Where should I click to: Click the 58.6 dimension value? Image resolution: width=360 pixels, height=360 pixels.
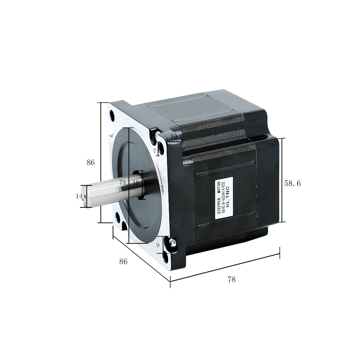click(x=292, y=183)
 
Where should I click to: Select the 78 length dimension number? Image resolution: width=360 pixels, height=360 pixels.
click(x=232, y=279)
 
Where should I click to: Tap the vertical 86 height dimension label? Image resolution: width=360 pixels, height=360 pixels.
click(x=90, y=162)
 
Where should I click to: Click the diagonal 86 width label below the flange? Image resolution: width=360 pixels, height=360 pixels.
click(x=123, y=262)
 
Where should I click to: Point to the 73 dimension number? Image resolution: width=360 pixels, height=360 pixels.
click(x=122, y=183)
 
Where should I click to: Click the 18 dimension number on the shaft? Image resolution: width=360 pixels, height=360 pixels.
click(x=136, y=183)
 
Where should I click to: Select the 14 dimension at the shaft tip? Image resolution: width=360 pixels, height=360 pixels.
click(x=79, y=196)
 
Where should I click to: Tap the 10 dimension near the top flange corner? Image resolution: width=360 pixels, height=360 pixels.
click(x=174, y=137)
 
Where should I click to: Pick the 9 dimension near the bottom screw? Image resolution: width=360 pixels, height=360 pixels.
click(x=158, y=245)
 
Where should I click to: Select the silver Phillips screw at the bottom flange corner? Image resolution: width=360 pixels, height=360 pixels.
click(x=173, y=243)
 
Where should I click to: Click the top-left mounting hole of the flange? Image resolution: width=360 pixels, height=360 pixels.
click(x=112, y=116)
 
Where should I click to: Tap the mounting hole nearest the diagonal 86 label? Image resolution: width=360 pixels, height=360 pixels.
click(x=117, y=217)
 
